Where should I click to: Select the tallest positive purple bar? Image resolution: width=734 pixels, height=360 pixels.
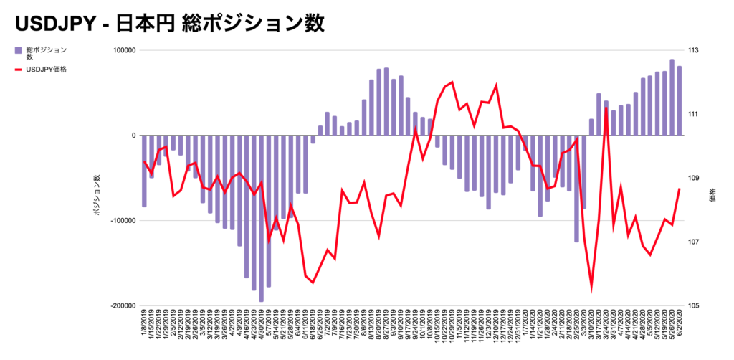click(x=672, y=98)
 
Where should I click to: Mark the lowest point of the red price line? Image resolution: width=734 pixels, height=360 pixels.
click(x=592, y=289)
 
